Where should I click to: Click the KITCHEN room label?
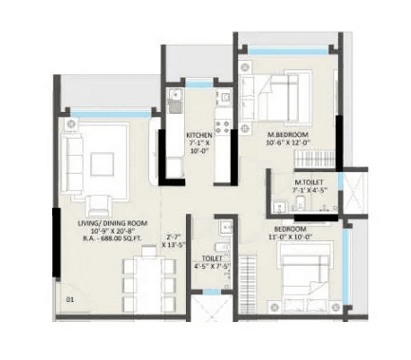(199, 135)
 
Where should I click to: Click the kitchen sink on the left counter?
(174, 99)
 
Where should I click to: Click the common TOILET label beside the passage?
(212, 258)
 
